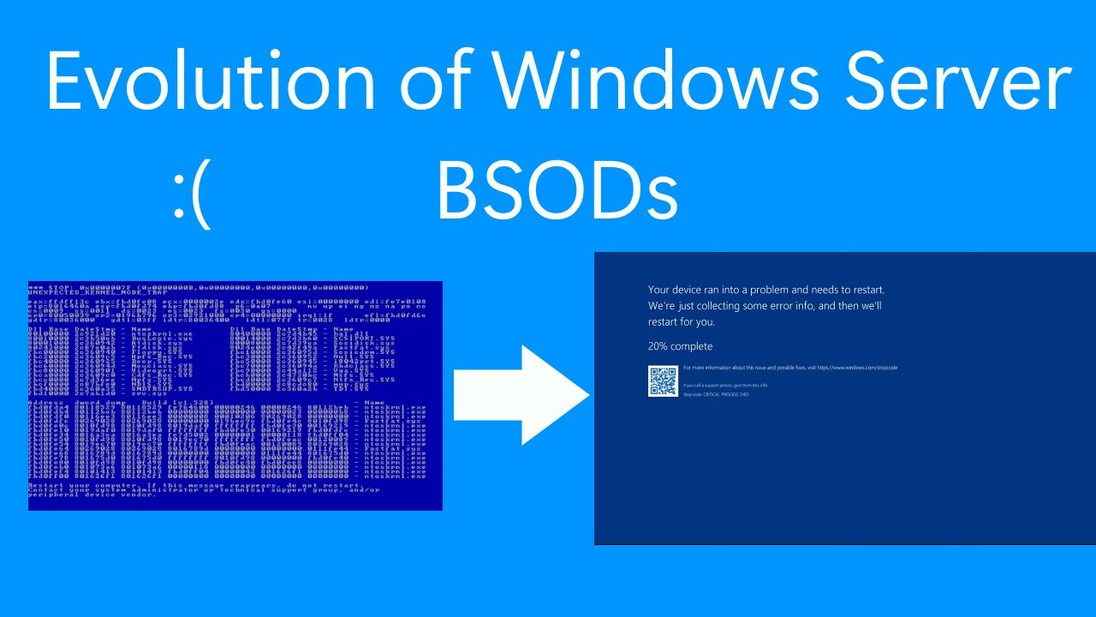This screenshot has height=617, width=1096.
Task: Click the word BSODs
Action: click(x=557, y=192)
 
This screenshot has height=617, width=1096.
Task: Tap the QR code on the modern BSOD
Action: click(x=663, y=381)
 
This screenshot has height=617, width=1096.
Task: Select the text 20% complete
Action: click(x=680, y=346)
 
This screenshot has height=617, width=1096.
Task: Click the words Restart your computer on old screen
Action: click(x=72, y=485)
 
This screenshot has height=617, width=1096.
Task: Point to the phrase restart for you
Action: click(x=682, y=322)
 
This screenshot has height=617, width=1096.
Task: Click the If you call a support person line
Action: click(x=713, y=386)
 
